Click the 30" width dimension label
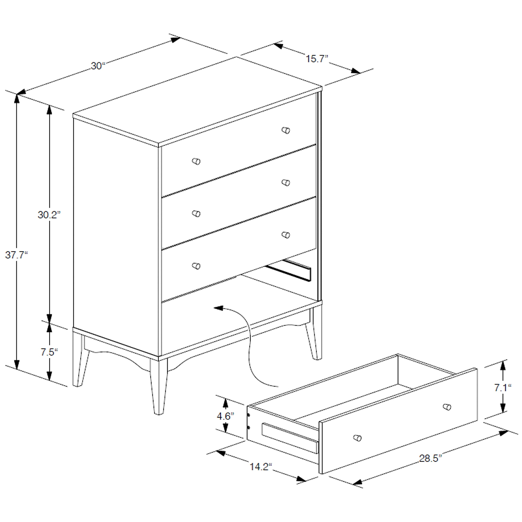(98, 66)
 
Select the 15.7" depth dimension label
(317, 59)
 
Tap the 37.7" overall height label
(16, 255)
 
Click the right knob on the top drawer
(286, 130)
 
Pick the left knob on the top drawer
(196, 162)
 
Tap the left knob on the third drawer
(196, 266)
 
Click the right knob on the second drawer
(286, 183)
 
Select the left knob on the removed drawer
(358, 438)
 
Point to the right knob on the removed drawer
(447, 407)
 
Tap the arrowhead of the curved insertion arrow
(218, 308)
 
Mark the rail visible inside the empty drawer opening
(289, 271)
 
